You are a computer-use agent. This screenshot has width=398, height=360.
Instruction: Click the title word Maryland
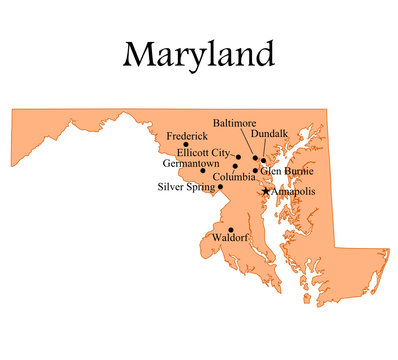(x=198, y=52)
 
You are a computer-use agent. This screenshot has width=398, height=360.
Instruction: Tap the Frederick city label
(x=187, y=135)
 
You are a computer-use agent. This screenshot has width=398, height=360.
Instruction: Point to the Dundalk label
(x=270, y=133)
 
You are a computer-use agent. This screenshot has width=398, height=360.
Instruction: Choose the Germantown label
(x=190, y=163)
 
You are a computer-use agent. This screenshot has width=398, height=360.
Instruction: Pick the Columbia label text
(x=235, y=176)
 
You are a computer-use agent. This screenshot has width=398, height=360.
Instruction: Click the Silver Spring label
(x=187, y=186)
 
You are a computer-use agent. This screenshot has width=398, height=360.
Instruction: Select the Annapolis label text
(x=293, y=190)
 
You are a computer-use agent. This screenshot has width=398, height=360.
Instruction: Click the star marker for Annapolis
(x=265, y=190)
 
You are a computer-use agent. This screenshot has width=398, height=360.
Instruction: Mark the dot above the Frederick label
(x=186, y=144)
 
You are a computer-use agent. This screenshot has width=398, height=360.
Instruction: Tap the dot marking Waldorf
(x=231, y=229)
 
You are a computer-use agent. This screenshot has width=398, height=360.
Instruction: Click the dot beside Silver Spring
(x=220, y=186)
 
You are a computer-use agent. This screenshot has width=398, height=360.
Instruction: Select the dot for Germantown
(x=203, y=170)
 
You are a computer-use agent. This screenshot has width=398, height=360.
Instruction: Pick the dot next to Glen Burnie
(x=255, y=171)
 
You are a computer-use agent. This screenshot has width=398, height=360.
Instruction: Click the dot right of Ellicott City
(x=238, y=156)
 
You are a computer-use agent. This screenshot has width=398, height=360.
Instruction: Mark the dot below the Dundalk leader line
(x=264, y=160)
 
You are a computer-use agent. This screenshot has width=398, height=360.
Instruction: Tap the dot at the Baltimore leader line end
(x=256, y=157)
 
